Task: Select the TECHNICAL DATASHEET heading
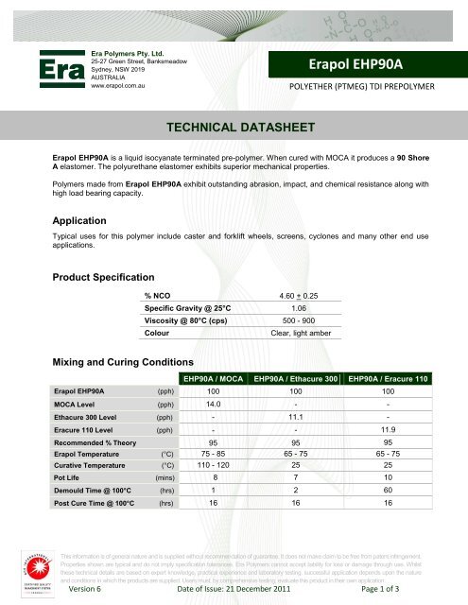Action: (234, 126)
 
